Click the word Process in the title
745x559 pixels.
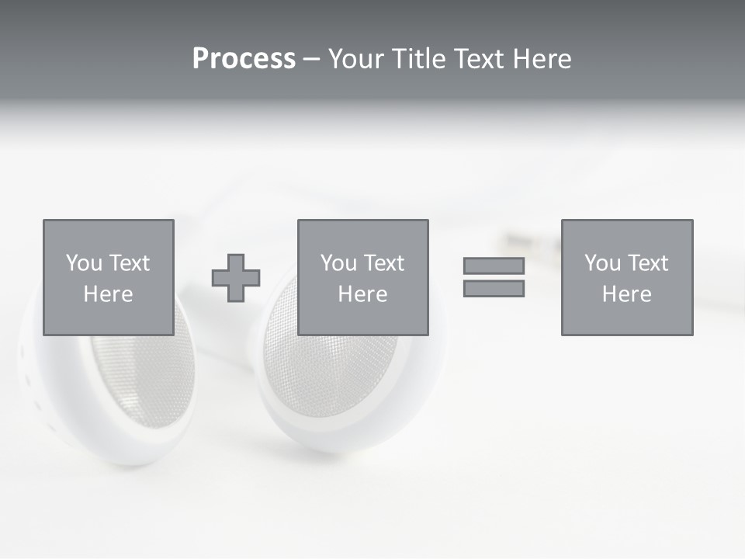[244, 59]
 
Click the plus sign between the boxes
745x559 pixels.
[236, 278]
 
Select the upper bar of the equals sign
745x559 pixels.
[494, 266]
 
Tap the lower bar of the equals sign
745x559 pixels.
[494, 289]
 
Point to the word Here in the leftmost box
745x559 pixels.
[108, 294]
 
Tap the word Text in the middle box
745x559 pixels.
[383, 263]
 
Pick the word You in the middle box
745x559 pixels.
[338, 263]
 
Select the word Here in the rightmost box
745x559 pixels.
[626, 294]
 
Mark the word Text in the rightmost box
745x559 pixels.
[647, 263]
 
